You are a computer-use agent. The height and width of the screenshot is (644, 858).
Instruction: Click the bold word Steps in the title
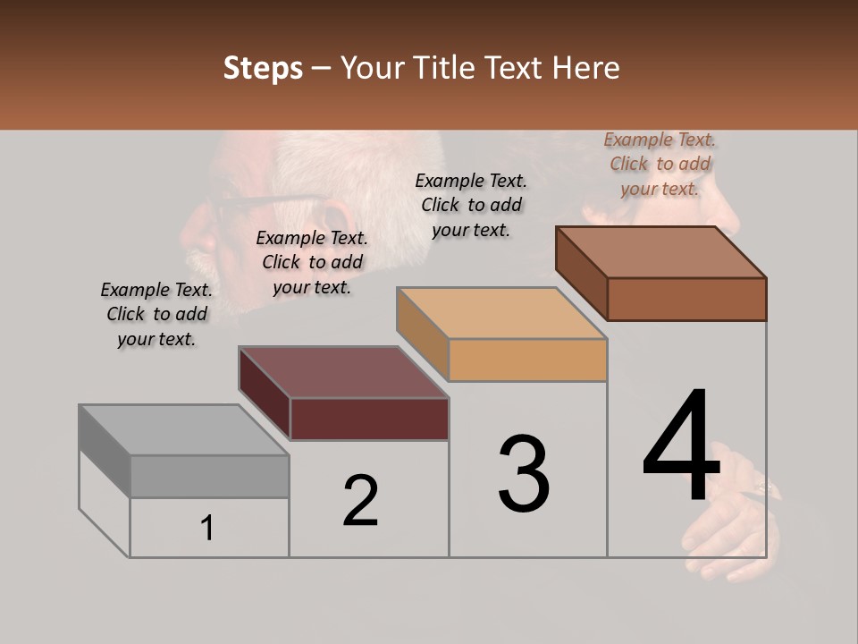[263, 68]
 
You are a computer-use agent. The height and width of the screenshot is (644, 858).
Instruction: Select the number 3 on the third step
[524, 474]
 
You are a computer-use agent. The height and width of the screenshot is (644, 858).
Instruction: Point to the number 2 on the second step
[361, 501]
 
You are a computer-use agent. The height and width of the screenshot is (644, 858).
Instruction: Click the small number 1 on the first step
[207, 529]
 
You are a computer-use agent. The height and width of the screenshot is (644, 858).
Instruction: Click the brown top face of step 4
[661, 252]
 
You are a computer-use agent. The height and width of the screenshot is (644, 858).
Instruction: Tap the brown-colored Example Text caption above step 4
[660, 164]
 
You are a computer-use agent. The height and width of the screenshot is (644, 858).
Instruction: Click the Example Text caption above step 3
[471, 205]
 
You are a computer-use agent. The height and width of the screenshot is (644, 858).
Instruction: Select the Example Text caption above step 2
[312, 262]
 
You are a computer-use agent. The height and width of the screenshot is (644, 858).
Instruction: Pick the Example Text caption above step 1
[156, 314]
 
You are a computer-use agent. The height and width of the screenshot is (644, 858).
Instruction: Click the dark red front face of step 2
[369, 419]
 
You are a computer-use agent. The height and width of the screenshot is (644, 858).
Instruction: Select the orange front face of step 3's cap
[527, 360]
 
